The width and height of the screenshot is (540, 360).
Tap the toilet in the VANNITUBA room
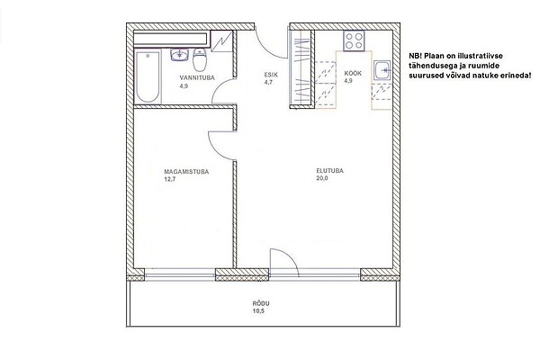(200, 59)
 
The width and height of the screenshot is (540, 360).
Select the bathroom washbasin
(179, 55)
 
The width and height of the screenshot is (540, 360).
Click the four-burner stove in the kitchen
(354, 41)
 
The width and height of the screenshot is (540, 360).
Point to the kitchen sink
(382, 71)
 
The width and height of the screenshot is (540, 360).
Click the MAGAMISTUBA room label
(186, 172)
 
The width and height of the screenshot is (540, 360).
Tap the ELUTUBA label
(330, 170)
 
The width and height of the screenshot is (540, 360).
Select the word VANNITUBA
(197, 78)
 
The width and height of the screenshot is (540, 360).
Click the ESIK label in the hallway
(271, 75)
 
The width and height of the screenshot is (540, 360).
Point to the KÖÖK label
(353, 74)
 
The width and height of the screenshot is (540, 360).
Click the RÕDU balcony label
(261, 304)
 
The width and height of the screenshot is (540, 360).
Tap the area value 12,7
(170, 179)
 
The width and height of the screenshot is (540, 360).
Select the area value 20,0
(322, 178)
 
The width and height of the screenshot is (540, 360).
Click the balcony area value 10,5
(258, 311)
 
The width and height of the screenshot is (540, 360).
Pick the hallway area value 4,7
(268, 82)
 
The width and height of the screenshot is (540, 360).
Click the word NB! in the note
(415, 56)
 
